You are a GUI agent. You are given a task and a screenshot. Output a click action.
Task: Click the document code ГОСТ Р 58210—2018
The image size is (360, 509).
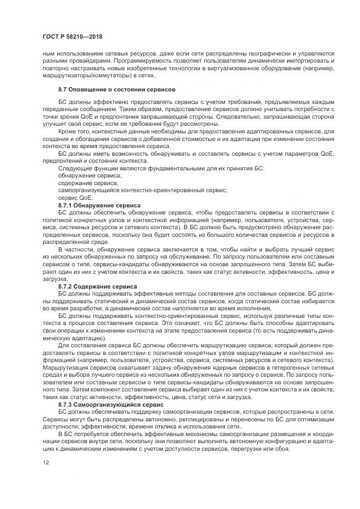72,36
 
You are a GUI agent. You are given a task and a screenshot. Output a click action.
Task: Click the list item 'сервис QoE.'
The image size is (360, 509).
72,198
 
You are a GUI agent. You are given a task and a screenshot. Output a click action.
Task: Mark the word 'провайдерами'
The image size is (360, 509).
84,62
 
